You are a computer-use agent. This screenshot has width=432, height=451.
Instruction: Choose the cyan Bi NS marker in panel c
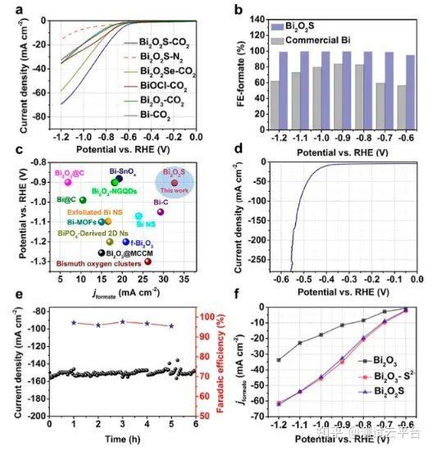[x=139, y=216]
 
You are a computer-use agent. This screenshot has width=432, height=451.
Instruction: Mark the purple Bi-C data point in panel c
[x=161, y=212]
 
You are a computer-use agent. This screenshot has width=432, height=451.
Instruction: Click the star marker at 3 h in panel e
[x=122, y=322]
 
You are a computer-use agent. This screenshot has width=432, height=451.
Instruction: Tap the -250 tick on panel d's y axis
[x=243, y=261]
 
